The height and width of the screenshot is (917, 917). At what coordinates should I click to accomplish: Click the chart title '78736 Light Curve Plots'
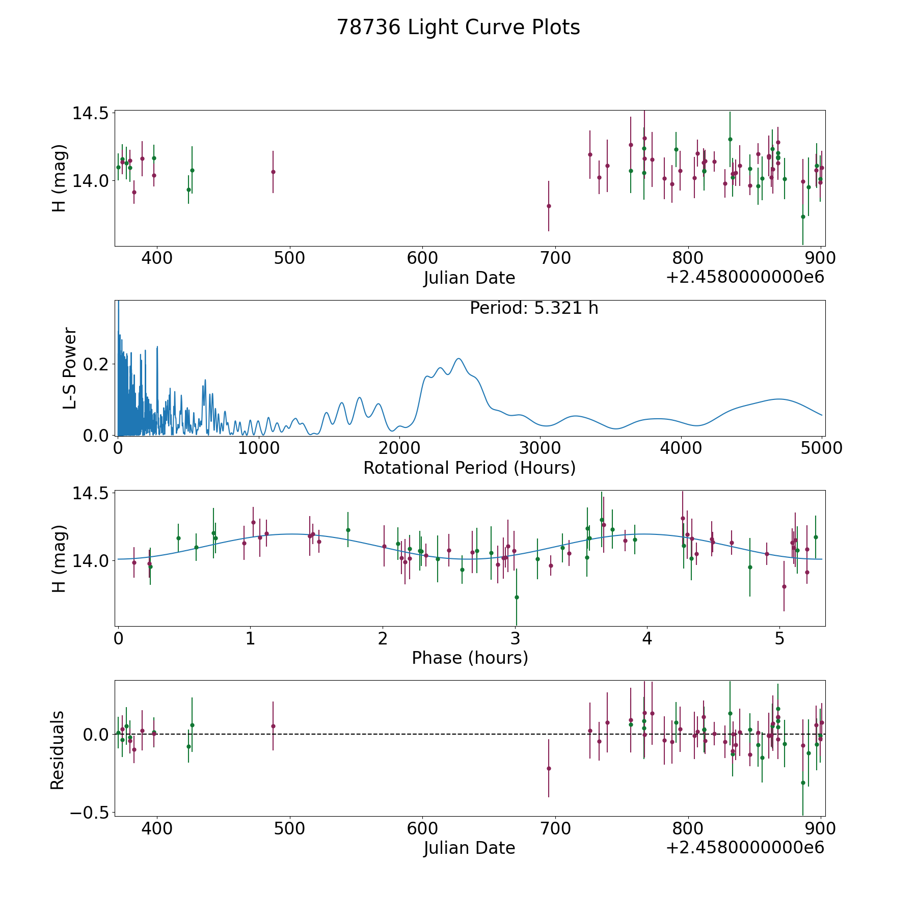pyautogui.click(x=458, y=28)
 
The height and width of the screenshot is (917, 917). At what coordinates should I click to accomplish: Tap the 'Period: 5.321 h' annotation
pyautogui.click(x=534, y=308)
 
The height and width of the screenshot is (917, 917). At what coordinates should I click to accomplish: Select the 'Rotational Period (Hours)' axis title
pyautogui.click(x=469, y=468)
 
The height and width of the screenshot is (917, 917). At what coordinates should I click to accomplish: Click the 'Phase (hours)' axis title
pyautogui.click(x=470, y=658)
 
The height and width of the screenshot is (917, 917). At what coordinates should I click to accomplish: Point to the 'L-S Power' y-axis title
pyautogui.click(x=70, y=368)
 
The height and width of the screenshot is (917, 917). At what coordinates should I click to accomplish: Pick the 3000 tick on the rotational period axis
pyautogui.click(x=540, y=448)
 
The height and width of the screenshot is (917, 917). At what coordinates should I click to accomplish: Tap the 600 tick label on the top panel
pyautogui.click(x=422, y=258)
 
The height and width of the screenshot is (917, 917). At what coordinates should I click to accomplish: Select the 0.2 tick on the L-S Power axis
pyautogui.click(x=97, y=364)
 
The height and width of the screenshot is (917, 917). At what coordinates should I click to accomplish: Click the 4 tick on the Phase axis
pyautogui.click(x=647, y=639)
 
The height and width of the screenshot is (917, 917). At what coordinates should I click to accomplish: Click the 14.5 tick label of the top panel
pyautogui.click(x=90, y=113)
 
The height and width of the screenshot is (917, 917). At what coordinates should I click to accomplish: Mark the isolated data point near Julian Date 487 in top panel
pyautogui.click(x=273, y=172)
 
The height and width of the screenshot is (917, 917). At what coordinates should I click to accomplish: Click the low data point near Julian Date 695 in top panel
pyautogui.click(x=549, y=206)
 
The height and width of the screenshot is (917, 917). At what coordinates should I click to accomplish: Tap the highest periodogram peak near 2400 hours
pyautogui.click(x=459, y=359)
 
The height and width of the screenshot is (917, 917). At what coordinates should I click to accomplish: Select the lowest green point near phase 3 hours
pyautogui.click(x=517, y=597)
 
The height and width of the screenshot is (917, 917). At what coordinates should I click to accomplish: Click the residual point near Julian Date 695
pyautogui.click(x=549, y=768)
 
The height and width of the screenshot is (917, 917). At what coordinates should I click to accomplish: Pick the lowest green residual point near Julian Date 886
pyautogui.click(x=803, y=783)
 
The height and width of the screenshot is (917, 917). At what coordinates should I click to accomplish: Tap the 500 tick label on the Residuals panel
pyautogui.click(x=289, y=829)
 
